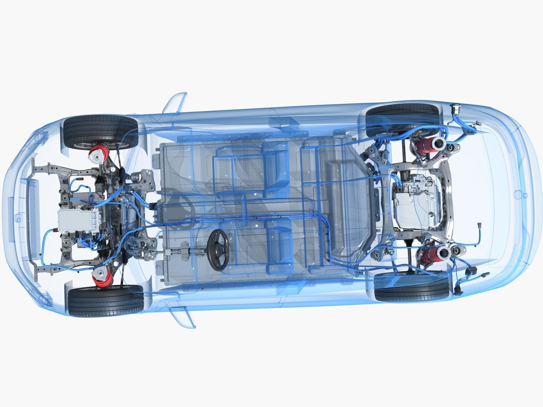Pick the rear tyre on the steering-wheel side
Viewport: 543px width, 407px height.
pos(411,288)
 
